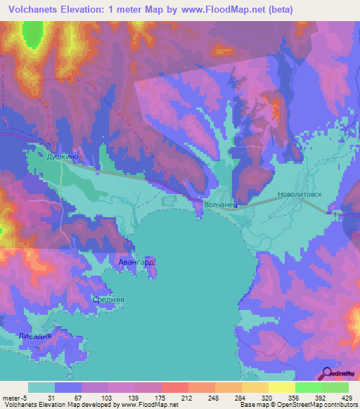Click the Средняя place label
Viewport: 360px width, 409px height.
coord(109,299)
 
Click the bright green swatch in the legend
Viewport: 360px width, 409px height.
coord(308,387)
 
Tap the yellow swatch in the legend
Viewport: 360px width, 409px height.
coord(281,387)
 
